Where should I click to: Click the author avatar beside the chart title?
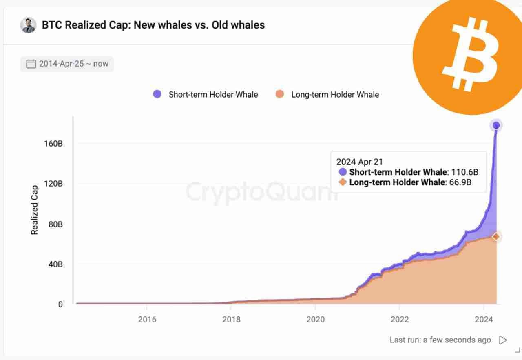coord(28,25)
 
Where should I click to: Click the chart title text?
coord(153,25)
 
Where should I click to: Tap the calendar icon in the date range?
coord(31,64)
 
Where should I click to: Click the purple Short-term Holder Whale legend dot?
coord(157,94)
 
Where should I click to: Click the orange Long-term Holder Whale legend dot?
coord(279,94)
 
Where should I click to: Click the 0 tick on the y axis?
coord(60,304)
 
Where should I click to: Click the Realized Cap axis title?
coord(35,210)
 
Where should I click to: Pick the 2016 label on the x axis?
coord(147,319)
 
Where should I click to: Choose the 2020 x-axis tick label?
coord(315,319)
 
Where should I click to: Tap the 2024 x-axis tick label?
coord(483,319)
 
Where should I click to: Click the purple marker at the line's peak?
coord(496,125)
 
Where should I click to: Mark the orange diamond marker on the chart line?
coord(496,236)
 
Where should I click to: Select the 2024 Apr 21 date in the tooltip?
coord(359,162)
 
